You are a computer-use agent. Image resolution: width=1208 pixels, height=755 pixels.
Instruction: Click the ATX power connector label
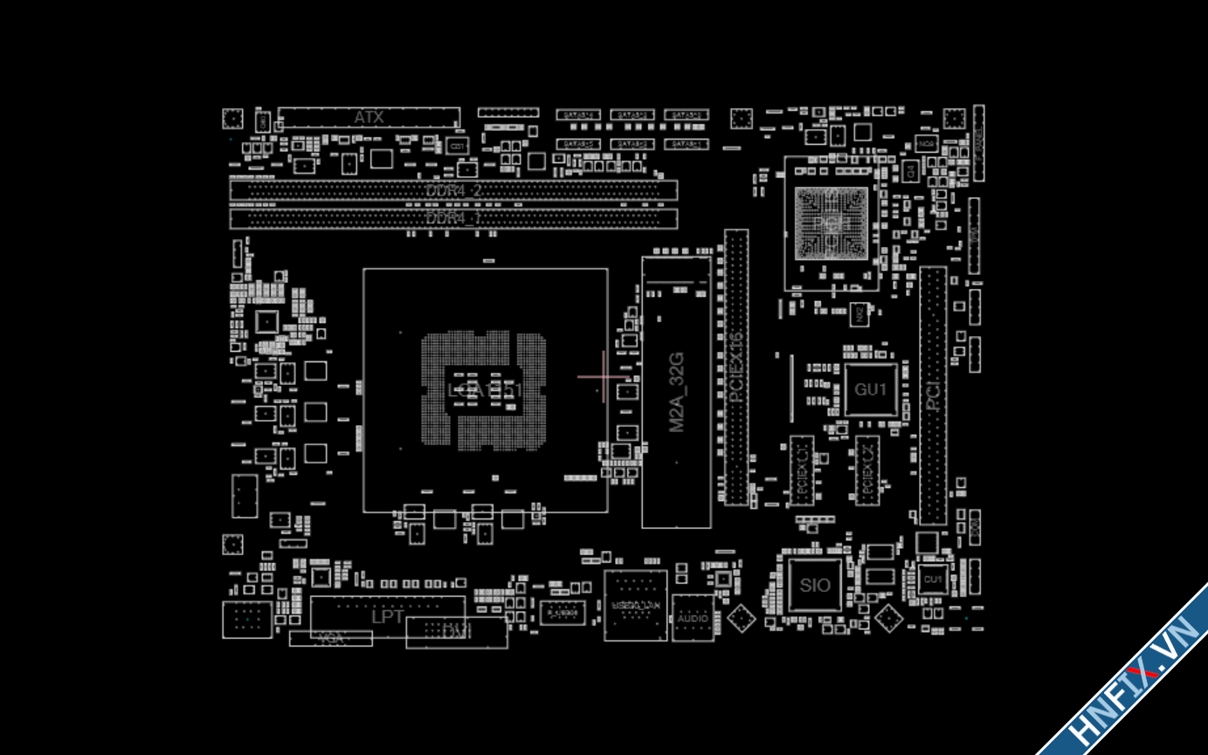coord(369,117)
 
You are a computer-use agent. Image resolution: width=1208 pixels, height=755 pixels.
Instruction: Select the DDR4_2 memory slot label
coord(453,190)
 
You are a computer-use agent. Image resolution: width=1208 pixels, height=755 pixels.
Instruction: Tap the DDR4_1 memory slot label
coord(453,218)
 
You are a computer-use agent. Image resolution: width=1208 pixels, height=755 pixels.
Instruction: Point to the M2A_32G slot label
coord(676,392)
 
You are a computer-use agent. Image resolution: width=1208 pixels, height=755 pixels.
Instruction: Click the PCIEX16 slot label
coord(735,367)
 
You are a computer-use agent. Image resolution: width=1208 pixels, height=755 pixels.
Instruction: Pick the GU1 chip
coord(871,389)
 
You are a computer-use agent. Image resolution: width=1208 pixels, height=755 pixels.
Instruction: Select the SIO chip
coord(815,585)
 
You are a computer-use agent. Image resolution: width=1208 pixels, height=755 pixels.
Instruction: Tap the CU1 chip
coord(933,579)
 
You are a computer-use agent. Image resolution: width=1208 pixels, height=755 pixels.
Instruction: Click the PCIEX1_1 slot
coord(802,470)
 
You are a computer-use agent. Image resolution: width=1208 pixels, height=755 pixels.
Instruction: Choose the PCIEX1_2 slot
coord(867,470)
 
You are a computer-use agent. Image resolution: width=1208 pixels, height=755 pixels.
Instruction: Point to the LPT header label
coord(388,616)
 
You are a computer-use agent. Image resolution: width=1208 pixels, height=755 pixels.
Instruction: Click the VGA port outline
coord(331,639)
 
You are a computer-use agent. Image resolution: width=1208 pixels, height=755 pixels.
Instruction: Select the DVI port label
coord(457,632)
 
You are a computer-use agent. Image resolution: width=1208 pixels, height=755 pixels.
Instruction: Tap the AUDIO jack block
coord(693,617)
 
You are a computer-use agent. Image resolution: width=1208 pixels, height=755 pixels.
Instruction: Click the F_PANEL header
coord(979,144)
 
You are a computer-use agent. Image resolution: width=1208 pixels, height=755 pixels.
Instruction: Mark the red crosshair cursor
coord(604,377)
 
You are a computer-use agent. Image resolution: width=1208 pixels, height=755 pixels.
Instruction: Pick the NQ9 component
coord(927,142)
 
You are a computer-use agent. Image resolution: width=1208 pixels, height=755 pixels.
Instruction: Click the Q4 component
coord(909,171)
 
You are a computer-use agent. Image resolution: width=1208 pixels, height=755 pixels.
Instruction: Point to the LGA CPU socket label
coord(485,390)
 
